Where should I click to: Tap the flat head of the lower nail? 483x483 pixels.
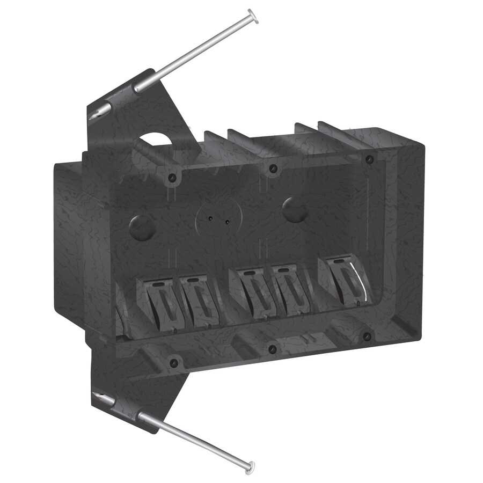(250, 465)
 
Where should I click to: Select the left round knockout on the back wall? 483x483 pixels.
(143, 226)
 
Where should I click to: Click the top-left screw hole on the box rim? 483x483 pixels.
(172, 177)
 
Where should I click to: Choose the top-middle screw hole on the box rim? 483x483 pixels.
(273, 168)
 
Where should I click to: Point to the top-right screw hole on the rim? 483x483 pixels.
(369, 159)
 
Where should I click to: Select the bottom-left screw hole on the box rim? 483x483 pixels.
(173, 363)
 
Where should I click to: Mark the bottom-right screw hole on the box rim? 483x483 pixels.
(367, 337)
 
